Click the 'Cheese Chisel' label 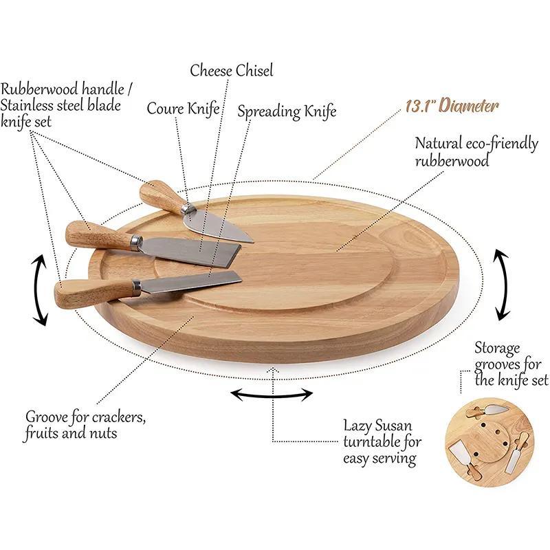[232, 70]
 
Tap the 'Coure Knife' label [183, 109]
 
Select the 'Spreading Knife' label [287, 111]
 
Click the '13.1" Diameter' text [452, 106]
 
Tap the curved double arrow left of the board [40, 290]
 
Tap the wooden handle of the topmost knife [160, 196]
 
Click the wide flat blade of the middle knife [192, 248]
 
